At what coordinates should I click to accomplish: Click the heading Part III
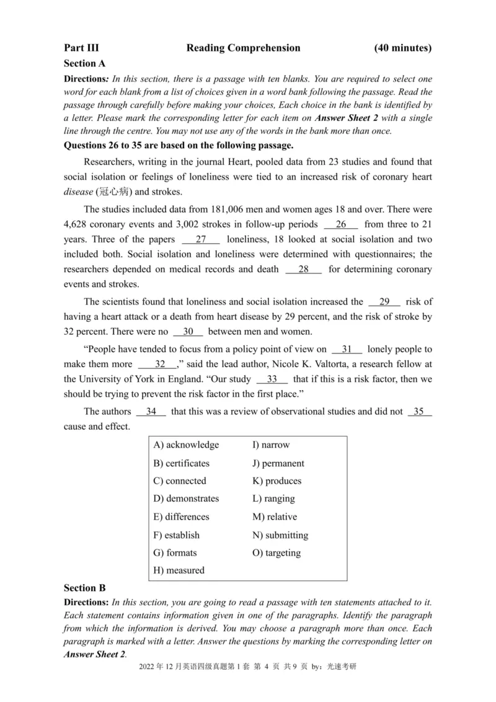tap(81, 48)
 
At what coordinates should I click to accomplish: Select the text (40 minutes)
tap(403, 48)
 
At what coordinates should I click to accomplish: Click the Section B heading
tap(85, 587)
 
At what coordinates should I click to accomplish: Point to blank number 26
tap(341, 224)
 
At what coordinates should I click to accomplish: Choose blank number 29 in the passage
tap(384, 302)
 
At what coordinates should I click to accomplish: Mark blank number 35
tap(420, 411)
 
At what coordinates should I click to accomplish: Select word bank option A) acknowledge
tap(186, 445)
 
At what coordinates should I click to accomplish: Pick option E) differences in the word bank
tap(181, 517)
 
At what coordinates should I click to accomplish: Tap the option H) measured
tap(179, 570)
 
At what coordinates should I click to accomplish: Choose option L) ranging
tap(273, 499)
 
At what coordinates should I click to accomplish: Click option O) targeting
tap(277, 553)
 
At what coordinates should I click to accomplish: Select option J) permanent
tap(278, 463)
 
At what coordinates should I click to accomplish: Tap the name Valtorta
tap(308, 364)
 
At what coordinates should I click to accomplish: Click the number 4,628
tap(78, 224)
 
